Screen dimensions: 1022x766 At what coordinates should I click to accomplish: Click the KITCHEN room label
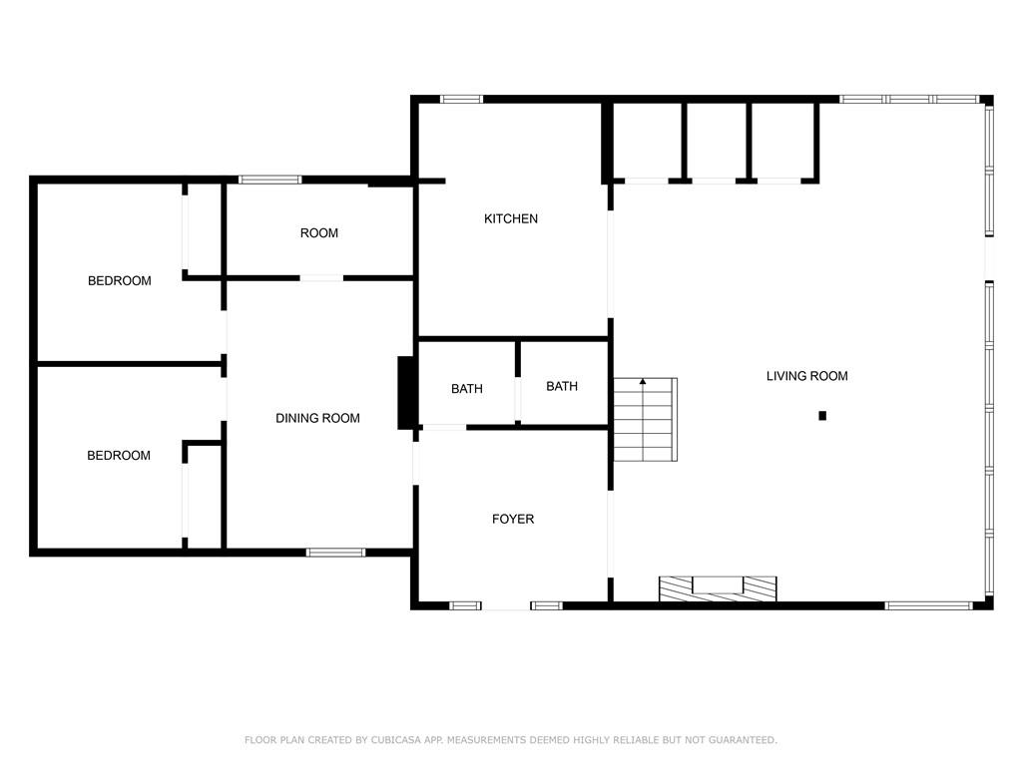coord(511,218)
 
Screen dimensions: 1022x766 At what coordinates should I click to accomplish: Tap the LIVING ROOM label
coord(806,376)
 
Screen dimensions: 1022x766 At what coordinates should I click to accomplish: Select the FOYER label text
coord(513,519)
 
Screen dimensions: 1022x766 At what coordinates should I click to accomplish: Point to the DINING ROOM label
coord(317,418)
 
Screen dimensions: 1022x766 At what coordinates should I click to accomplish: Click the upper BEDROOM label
coord(120,280)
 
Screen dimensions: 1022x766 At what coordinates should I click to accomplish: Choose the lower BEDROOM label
coord(119,455)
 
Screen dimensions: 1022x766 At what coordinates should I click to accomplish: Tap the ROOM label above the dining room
coord(318,233)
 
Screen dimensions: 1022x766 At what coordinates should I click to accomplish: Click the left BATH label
coord(467,389)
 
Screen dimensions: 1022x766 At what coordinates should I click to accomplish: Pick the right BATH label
coord(562,386)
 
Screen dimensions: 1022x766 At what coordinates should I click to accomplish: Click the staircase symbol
coord(646,420)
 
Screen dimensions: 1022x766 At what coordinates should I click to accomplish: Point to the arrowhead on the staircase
coord(643,381)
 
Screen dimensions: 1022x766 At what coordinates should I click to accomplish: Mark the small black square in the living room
coord(822,416)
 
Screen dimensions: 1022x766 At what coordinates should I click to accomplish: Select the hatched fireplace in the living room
coord(718,588)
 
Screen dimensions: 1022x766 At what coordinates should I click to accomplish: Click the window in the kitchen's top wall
coord(461,99)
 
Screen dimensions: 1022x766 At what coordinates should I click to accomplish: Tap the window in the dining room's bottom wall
coord(335,553)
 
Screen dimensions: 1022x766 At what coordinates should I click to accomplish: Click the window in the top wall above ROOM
coord(269,180)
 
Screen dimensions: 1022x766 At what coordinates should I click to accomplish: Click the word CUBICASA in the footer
coord(395,740)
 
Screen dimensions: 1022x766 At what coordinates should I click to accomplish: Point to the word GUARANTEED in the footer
coord(743,740)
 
